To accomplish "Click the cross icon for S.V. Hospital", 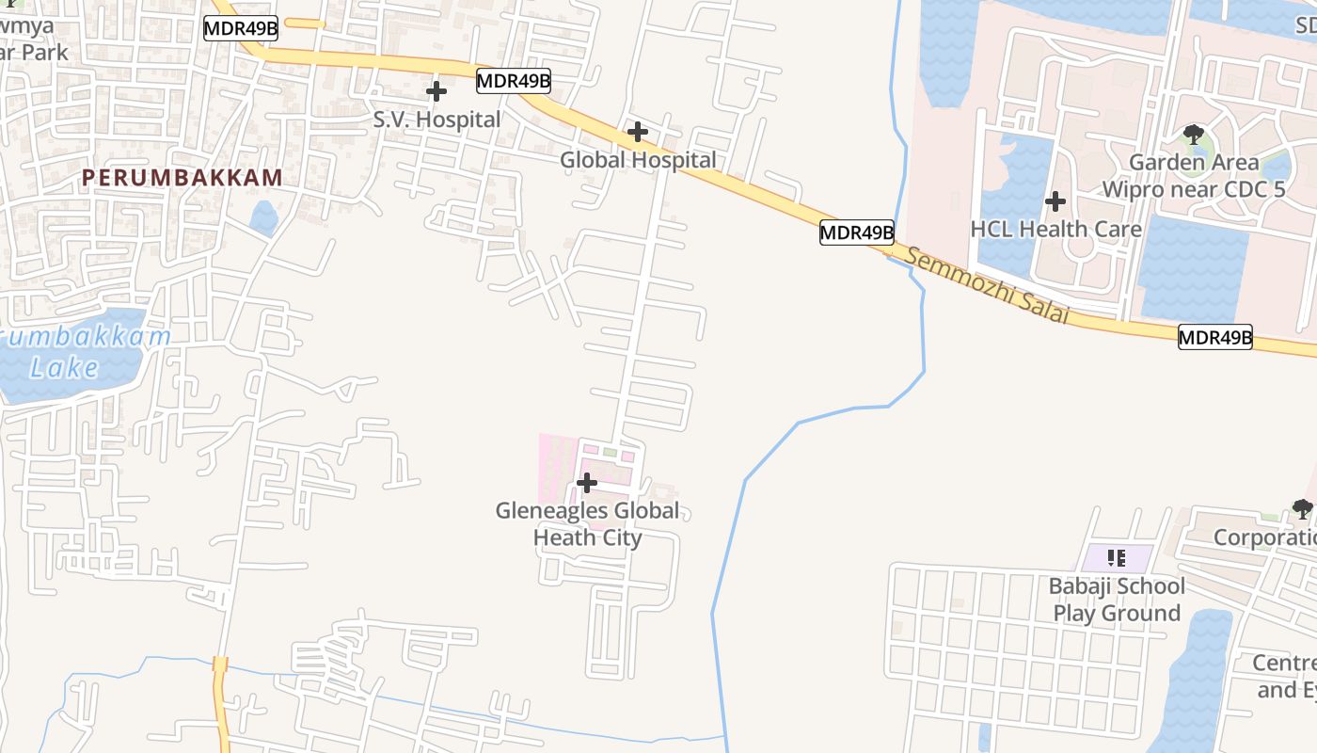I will point(436,91).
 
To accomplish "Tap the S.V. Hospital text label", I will point(436,120).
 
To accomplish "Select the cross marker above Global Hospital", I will point(637,132).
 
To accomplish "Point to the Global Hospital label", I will point(638,160).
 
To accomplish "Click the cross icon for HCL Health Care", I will point(1055,200).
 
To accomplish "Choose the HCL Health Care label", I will point(1055,229).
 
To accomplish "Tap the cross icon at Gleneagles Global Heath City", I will point(587,483).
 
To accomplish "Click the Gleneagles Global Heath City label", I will point(587,524).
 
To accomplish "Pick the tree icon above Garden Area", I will point(1194,135).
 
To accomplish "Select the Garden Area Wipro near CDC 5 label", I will point(1193,176).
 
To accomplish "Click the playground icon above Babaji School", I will point(1117,558).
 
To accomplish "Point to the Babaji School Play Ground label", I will point(1117,600).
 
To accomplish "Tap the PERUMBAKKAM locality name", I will point(182,177).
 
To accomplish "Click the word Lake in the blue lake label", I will point(63,367).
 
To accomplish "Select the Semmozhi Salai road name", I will point(989,285).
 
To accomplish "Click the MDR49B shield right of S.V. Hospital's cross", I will point(513,81).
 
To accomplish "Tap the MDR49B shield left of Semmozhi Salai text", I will point(856,232).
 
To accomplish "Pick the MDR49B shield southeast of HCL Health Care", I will point(1215,337).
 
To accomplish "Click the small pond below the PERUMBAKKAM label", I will point(263,218).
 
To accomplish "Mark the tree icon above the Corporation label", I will point(1302,509).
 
